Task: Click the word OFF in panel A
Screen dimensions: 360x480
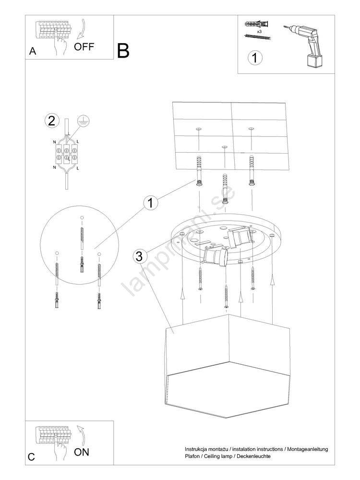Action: coord(84,47)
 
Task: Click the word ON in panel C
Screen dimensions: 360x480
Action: coord(82,452)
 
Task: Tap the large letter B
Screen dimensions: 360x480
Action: coord(123,51)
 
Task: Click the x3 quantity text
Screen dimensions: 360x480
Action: coord(259,32)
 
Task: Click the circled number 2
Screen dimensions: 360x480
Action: coord(52,120)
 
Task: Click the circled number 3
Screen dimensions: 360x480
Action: coord(139,256)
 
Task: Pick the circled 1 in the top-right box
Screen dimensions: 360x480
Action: coord(255,58)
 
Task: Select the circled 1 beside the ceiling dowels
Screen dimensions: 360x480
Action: coord(151,203)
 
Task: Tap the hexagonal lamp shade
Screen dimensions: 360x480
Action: coord(228,366)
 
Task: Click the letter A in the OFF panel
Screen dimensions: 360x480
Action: coord(33,51)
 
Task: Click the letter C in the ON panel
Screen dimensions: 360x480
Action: coord(32,457)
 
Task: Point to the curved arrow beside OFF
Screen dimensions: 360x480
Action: coord(82,30)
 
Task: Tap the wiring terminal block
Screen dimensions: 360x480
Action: coord(66,154)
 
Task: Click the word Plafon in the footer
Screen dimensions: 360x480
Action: coord(192,456)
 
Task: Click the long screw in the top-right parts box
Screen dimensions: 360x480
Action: coord(258,37)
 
